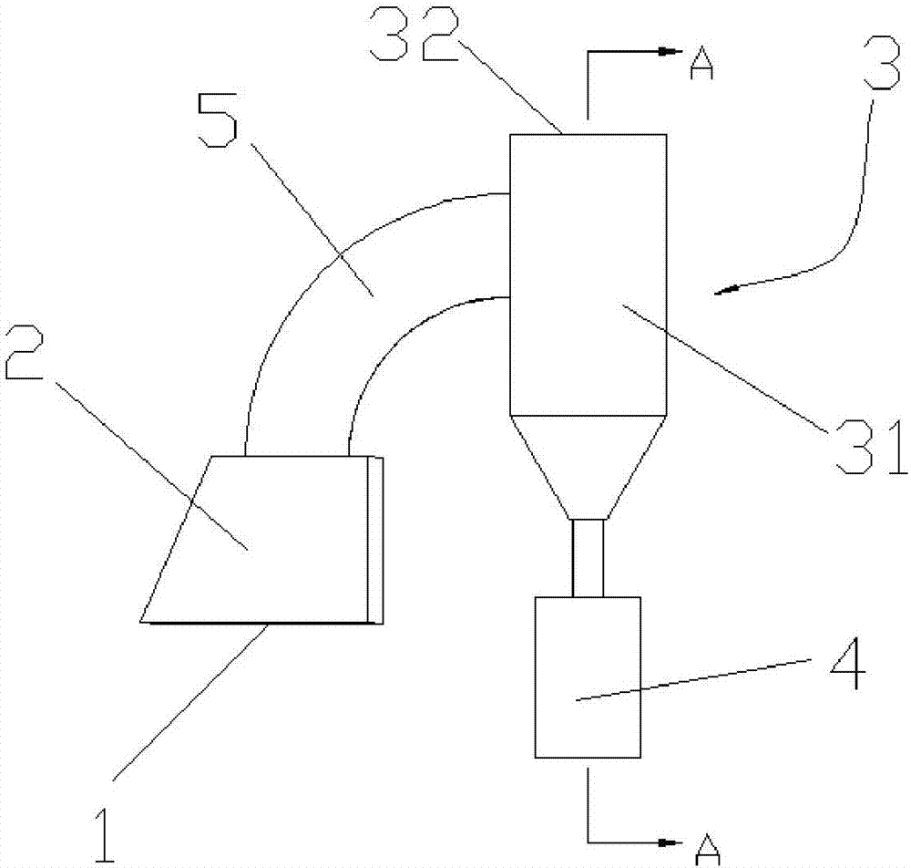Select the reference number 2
[24, 354]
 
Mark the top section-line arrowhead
[670, 52]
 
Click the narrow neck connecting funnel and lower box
[588, 558]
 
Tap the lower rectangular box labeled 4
[588, 677]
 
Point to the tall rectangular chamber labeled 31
[588, 274]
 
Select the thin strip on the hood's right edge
[376, 540]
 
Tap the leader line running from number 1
[190, 702]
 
